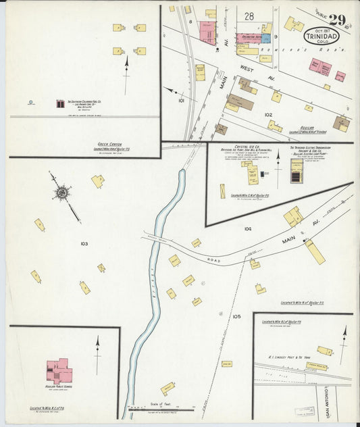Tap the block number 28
pyautogui.click(x=249, y=16)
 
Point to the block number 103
pyautogui.click(x=84, y=243)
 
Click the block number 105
pyautogui.click(x=236, y=316)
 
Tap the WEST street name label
pyautogui.click(x=247, y=68)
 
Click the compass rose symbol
pyautogui.click(x=62, y=193)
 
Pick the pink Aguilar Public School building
pyautogui.click(x=59, y=372)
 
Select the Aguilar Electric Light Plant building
pyautogui.click(x=297, y=171)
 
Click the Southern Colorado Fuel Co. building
pyautogui.click(x=60, y=104)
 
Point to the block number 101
pyautogui.click(x=180, y=99)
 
